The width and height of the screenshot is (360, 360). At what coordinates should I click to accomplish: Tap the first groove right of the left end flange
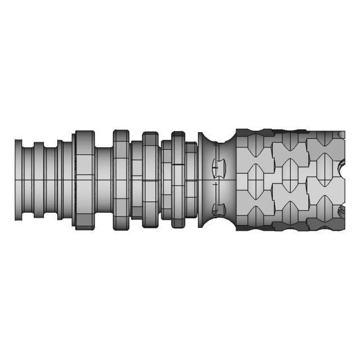[x=28, y=179]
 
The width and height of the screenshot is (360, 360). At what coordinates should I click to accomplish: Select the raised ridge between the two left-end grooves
[x=38, y=179]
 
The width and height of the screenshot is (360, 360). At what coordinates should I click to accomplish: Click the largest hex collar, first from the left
[x=84, y=179]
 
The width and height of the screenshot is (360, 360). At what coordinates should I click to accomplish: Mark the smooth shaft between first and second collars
[x=104, y=179]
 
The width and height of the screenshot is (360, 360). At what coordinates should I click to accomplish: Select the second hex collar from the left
[x=121, y=179]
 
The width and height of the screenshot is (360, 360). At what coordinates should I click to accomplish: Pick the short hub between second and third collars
[x=136, y=179]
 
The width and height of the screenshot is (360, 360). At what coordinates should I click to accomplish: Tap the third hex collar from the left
[x=151, y=179]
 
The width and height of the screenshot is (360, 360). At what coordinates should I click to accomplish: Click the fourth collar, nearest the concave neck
[x=178, y=179]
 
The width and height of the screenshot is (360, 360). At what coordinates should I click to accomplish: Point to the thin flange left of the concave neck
[x=201, y=179]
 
